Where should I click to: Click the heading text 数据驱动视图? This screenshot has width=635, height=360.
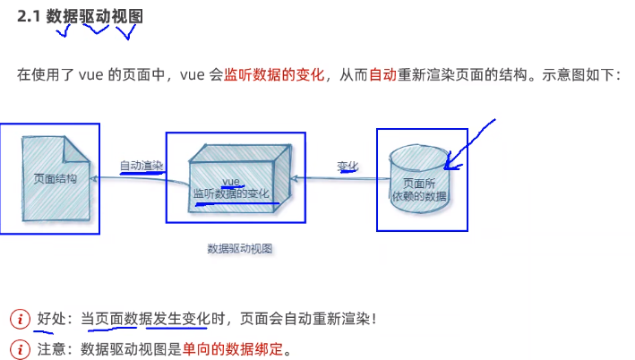(95, 16)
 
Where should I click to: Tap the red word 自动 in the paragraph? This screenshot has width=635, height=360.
(382, 75)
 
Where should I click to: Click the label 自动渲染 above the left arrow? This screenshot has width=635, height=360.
(142, 166)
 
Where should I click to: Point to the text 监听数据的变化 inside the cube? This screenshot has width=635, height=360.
(231, 193)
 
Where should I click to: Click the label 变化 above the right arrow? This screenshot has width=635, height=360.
(348, 166)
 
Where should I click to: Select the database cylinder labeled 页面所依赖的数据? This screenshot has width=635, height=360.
(420, 179)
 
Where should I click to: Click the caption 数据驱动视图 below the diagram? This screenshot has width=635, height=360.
(239, 248)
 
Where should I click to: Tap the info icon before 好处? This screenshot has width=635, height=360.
(20, 319)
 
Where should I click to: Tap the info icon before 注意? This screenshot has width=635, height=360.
(20, 348)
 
